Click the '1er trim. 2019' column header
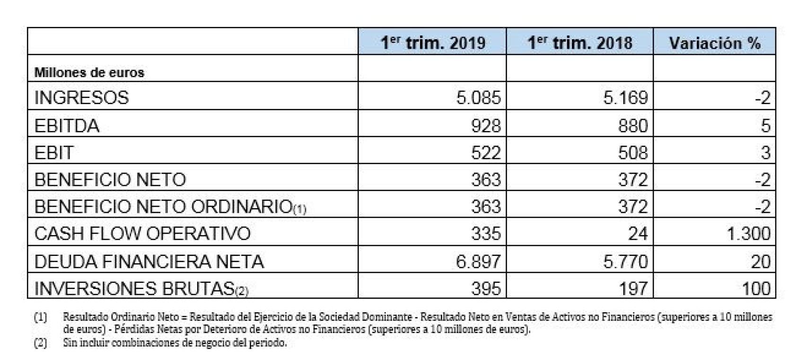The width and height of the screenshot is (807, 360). point(433,43)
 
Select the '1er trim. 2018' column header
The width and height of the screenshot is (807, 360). point(580,43)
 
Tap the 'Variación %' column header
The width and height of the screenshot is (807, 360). point(714,43)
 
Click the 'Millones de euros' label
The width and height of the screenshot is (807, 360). point(89,72)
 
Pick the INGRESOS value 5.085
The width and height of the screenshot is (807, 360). point(478,98)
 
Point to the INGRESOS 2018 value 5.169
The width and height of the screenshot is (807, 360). point(625,98)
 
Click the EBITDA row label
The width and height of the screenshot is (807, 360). point(67,126)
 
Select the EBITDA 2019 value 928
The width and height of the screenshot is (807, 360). point(486,126)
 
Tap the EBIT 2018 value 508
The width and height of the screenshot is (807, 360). point(633,153)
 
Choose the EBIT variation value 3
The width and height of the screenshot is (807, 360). point(766,153)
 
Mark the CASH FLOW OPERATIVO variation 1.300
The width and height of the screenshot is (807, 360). point(749,234)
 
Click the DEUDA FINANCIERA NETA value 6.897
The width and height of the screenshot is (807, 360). point(478,261)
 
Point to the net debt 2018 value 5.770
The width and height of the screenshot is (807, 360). point(625,261)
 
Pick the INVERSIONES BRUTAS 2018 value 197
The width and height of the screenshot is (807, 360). point(633,289)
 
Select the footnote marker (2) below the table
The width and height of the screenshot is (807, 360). point(40,343)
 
